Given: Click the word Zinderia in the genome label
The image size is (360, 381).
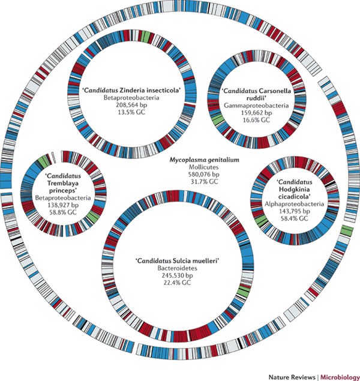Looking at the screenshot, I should tap(128, 91).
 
